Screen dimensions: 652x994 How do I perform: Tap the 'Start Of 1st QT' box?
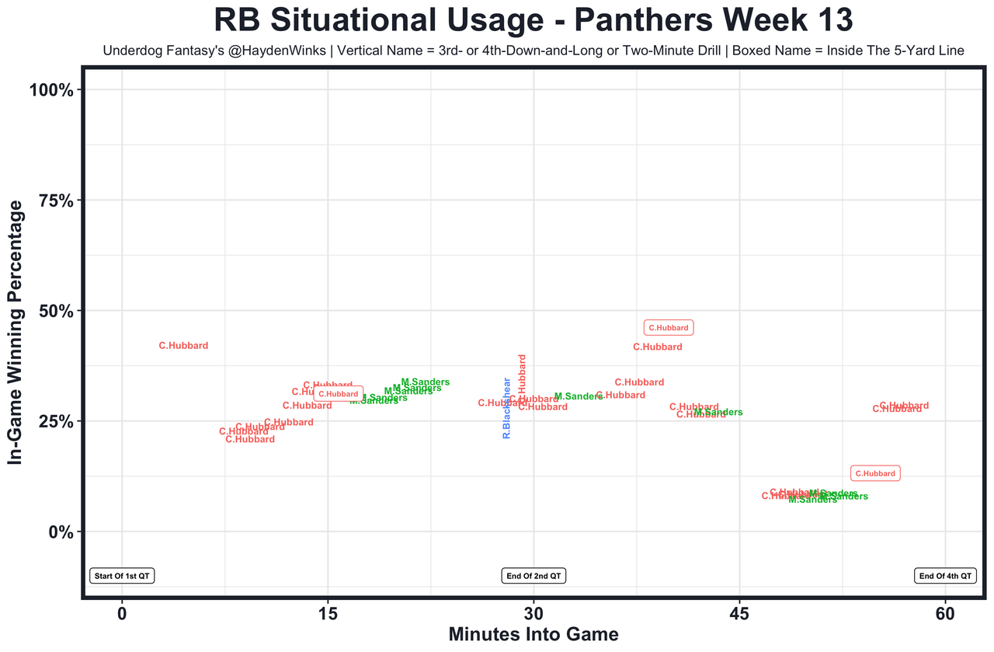click(x=123, y=576)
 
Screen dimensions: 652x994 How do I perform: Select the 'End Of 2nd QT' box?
click(x=533, y=576)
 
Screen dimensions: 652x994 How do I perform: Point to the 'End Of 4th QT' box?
click(x=945, y=576)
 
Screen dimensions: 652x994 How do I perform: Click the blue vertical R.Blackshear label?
click(x=506, y=408)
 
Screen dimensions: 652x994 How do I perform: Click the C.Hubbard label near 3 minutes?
click(x=183, y=346)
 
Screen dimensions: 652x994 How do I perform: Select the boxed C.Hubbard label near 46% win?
click(x=669, y=328)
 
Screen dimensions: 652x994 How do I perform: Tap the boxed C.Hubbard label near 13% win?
click(x=875, y=473)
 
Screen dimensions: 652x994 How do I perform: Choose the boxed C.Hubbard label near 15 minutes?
click(x=339, y=394)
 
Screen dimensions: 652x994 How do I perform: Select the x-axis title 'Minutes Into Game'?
click(x=533, y=634)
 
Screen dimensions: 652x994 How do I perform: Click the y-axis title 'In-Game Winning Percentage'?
click(x=16, y=333)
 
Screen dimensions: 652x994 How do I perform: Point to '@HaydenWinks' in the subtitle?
click(x=269, y=51)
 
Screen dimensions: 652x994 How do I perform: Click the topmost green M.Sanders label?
click(x=425, y=382)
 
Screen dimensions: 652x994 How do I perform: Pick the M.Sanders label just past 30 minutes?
click(x=579, y=396)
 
